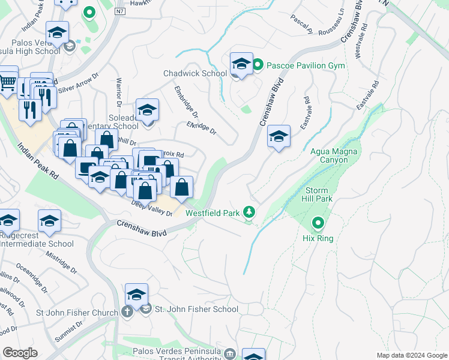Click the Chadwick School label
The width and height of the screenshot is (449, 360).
tap(194, 73)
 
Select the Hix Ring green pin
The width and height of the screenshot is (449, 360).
tap(318, 224)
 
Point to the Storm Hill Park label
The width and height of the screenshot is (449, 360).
tap(316, 194)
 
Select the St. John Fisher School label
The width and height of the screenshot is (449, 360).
tap(196, 310)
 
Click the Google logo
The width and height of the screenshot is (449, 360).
tap(20, 352)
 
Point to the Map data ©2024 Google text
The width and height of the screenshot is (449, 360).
tap(411, 355)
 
